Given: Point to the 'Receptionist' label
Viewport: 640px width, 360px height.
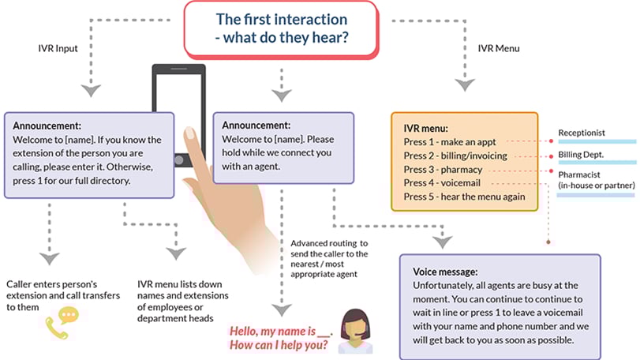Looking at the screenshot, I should [x=582, y=132].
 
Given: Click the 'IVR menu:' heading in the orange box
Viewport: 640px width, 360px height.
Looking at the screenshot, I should [x=426, y=128].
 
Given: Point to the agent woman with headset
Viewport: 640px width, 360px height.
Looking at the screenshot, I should [x=354, y=327].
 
